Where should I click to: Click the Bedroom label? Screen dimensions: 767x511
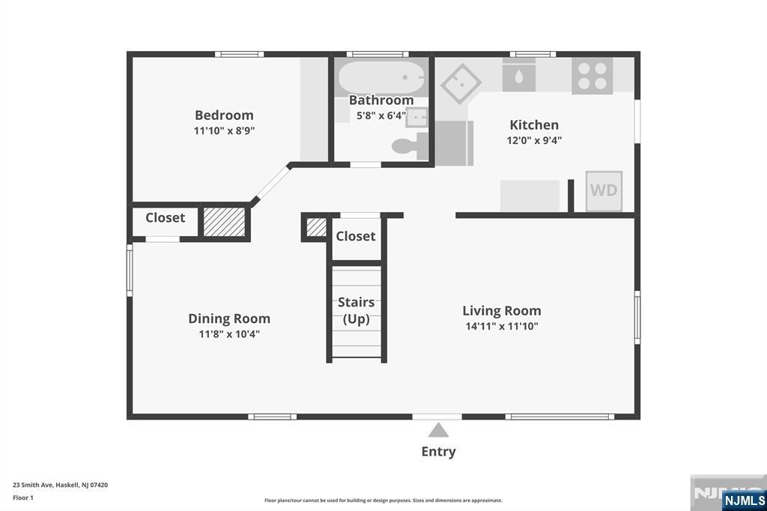[x=224, y=115]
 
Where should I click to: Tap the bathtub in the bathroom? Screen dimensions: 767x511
[x=381, y=77]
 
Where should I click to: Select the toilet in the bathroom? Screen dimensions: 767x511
[x=410, y=146]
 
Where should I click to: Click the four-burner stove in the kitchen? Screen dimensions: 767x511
[x=592, y=76]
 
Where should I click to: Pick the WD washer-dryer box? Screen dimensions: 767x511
[x=604, y=190]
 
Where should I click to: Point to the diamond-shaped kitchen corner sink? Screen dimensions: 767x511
[x=461, y=84]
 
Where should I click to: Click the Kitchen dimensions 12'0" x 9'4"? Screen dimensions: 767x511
[x=534, y=140]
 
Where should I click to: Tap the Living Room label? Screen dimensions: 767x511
[x=502, y=311]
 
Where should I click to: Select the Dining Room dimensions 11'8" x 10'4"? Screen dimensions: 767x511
[x=229, y=334]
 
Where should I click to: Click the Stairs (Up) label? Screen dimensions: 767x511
[x=356, y=310]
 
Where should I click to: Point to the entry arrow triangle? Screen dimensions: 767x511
[x=438, y=430]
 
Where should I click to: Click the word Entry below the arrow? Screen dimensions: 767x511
[x=439, y=451]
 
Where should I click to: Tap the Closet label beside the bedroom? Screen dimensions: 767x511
[x=166, y=217]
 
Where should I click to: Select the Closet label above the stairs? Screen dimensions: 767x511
[x=356, y=236]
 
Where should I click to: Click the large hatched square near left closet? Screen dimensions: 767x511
[x=224, y=222]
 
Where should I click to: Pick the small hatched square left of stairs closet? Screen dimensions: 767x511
[x=316, y=228]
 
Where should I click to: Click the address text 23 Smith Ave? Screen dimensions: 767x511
[x=32, y=485]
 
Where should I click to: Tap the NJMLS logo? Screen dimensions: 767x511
[x=744, y=501]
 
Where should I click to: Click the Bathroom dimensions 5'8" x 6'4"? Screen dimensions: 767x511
[x=381, y=116]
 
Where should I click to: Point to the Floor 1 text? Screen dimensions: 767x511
[x=23, y=498]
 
